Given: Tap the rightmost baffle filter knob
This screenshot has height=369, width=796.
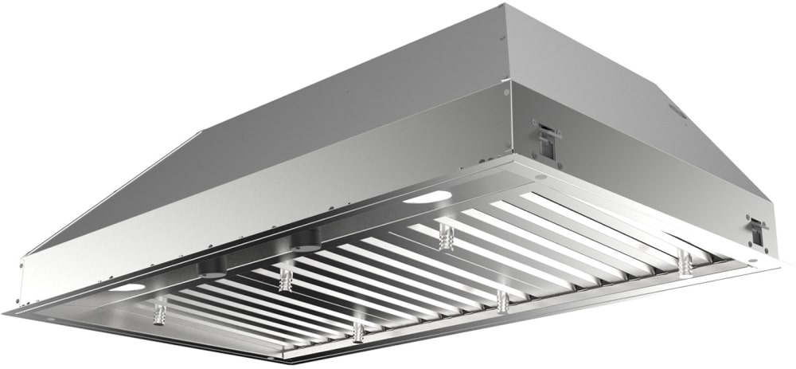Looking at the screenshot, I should coord(683,262).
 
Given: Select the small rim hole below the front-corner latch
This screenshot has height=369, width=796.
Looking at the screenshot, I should coord(540,176).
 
